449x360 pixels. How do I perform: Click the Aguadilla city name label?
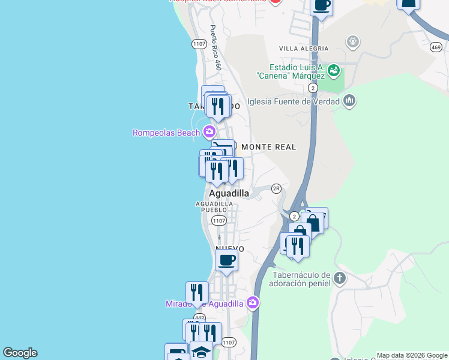[229, 193]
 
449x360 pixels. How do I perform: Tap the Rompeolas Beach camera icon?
[209, 131]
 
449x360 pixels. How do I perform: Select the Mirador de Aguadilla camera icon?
[253, 303]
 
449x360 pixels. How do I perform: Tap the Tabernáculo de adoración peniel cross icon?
[340, 278]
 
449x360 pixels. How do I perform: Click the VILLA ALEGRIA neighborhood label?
[304, 48]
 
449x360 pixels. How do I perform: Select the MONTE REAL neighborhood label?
[269, 146]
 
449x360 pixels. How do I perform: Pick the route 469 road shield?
[436, 47]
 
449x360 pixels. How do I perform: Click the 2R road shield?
[276, 188]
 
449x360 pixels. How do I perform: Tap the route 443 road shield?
[199, 317]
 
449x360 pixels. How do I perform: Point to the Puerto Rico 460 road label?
[215, 48]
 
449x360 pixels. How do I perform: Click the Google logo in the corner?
[20, 353]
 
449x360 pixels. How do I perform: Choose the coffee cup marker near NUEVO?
[226, 260]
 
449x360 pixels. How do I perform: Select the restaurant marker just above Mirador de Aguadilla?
[196, 292]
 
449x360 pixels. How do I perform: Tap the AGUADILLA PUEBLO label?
[214, 207]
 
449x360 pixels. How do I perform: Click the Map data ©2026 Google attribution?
[412, 355]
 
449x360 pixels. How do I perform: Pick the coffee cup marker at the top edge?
[322, 5]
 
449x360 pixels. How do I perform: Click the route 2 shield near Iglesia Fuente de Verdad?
[313, 88]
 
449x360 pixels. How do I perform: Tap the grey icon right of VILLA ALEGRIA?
[354, 41]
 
